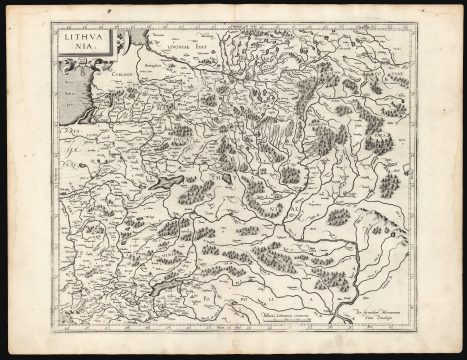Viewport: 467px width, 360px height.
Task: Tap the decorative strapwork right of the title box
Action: point(123,45)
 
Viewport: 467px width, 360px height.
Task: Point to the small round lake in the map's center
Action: point(228,180)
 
